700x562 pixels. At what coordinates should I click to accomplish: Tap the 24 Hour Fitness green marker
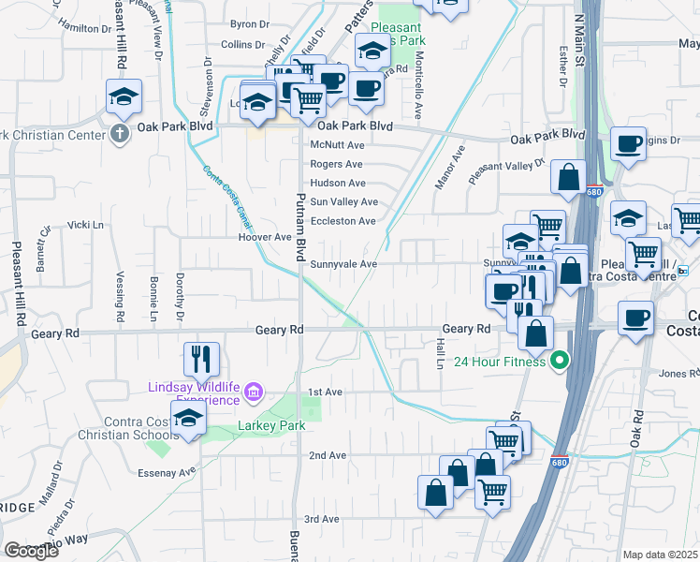coord(561,361)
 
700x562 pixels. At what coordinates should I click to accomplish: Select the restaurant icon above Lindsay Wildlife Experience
coord(201,358)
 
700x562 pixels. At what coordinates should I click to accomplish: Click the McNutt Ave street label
coord(337,145)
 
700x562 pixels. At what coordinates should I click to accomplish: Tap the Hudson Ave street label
coord(338,183)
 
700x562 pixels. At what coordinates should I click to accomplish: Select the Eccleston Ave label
coord(343,221)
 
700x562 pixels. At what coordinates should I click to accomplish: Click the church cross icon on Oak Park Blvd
coord(119,134)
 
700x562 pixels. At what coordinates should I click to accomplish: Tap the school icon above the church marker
coord(123,97)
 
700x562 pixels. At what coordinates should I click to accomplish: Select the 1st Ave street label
coord(328,392)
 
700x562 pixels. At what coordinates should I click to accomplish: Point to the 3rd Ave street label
coord(321,519)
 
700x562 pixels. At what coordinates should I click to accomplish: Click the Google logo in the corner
coord(31,551)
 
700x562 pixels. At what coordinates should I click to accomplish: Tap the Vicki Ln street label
coord(85,225)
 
